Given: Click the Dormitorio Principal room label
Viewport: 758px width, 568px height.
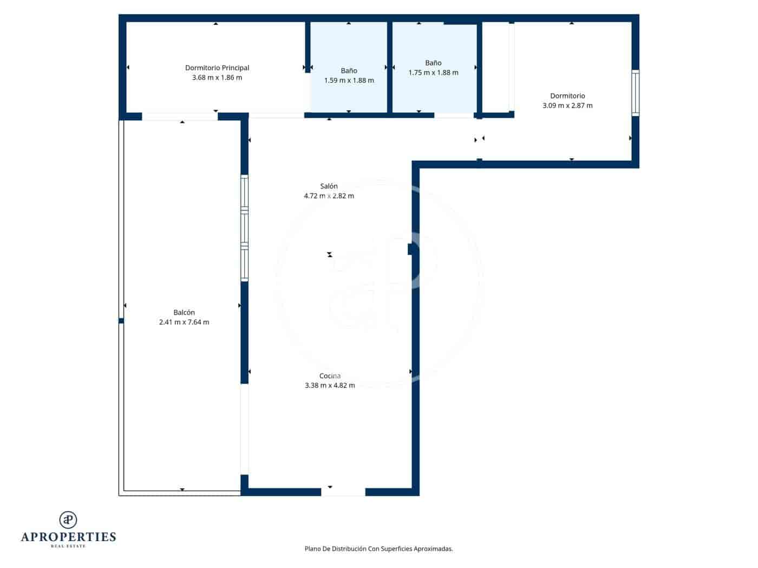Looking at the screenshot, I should point(217,68).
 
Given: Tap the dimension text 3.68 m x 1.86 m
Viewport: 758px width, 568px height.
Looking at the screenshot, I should point(217,77).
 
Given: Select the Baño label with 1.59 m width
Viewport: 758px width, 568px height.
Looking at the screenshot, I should point(349,71).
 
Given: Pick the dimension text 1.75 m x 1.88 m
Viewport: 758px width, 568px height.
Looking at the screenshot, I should point(433,72).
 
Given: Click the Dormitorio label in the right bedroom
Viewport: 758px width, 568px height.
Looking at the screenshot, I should point(567,96).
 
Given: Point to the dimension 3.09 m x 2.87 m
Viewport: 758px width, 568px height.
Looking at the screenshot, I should point(567,105).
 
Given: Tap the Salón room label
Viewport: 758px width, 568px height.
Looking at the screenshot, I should point(329,186).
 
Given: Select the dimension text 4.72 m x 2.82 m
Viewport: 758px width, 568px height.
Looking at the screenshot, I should point(329,196).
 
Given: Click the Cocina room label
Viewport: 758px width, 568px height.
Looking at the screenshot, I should point(330,376).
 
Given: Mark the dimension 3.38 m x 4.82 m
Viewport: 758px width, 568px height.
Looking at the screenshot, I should point(330,386).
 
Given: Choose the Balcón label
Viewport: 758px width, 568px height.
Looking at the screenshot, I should point(184,312).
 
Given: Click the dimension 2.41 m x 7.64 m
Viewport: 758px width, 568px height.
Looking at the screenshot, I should point(184,322).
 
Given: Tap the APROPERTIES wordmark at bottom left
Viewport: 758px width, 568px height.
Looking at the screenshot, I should point(68,537).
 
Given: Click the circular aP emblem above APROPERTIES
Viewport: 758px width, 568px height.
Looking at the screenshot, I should point(68,520).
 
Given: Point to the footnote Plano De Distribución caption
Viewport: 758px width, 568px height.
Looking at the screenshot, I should point(378,549).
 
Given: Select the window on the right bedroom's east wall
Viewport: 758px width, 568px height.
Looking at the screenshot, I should point(636,93).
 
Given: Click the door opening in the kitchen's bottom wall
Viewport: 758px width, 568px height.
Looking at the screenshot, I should point(343,492).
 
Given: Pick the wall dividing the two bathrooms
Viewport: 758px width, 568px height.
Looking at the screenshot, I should point(389,67).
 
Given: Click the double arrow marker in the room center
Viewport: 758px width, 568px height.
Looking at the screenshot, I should point(330,254).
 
